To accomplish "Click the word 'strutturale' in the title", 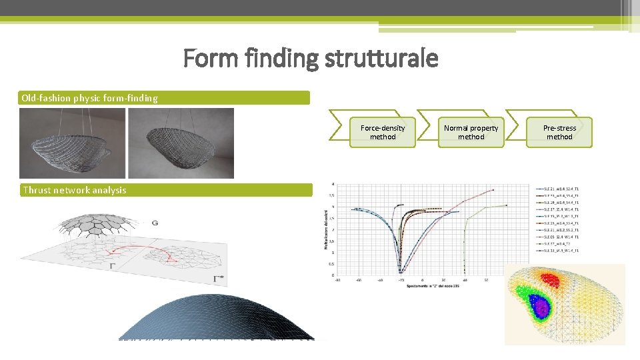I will point(381,59).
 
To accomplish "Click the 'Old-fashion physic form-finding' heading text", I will point(90,98).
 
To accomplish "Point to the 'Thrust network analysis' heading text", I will point(75,190).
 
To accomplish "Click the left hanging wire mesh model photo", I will point(72,143).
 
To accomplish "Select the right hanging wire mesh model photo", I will point(181,143).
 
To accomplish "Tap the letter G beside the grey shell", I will point(155,222).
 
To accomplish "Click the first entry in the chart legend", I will point(557,189).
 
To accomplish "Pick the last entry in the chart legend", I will point(557,251).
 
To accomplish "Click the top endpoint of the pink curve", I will point(493,190).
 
